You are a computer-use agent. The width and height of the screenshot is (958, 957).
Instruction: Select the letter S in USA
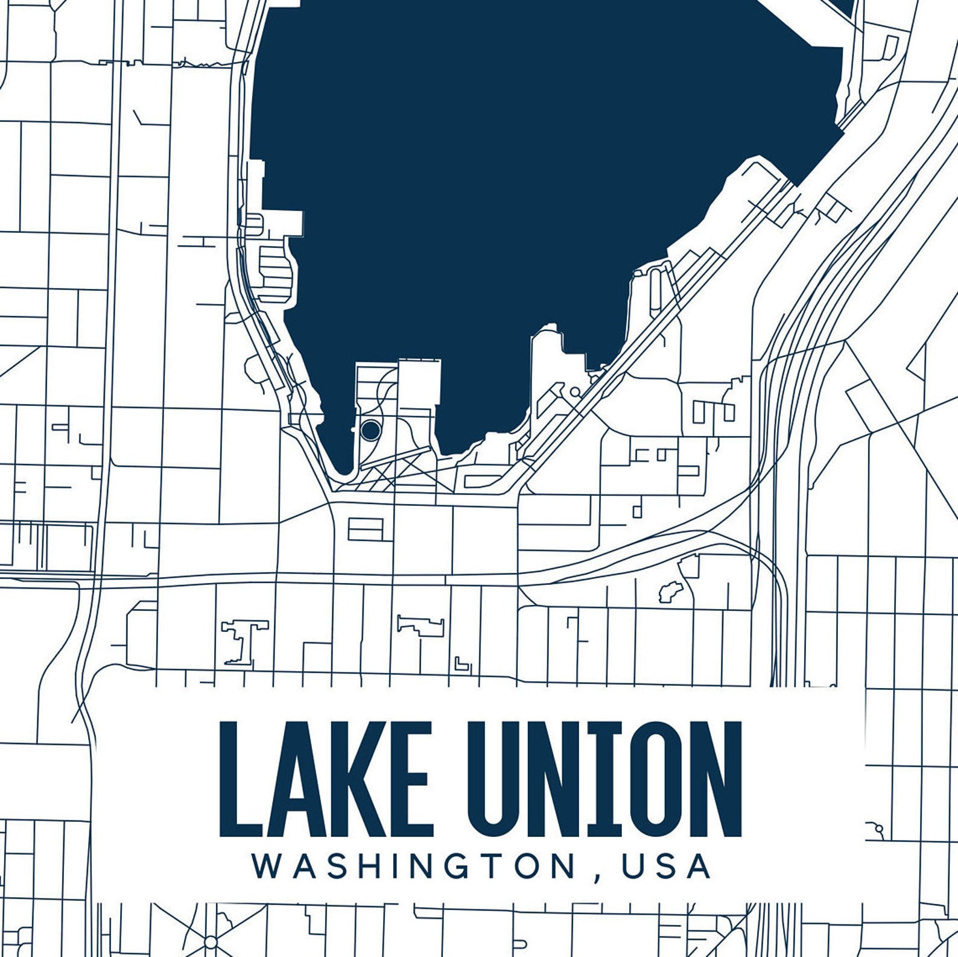pyautogui.click(x=665, y=866)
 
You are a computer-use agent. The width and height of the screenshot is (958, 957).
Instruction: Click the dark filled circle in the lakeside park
pyautogui.click(x=370, y=429)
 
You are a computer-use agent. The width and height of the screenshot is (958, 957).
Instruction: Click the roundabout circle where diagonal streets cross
pyautogui.click(x=211, y=941)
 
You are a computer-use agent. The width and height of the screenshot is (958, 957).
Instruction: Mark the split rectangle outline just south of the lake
pyautogui.click(x=366, y=529)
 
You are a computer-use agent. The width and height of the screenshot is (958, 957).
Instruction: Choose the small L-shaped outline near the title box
pyautogui.click(x=462, y=664)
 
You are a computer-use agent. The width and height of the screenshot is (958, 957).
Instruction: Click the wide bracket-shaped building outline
pyautogui.click(x=421, y=624)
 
